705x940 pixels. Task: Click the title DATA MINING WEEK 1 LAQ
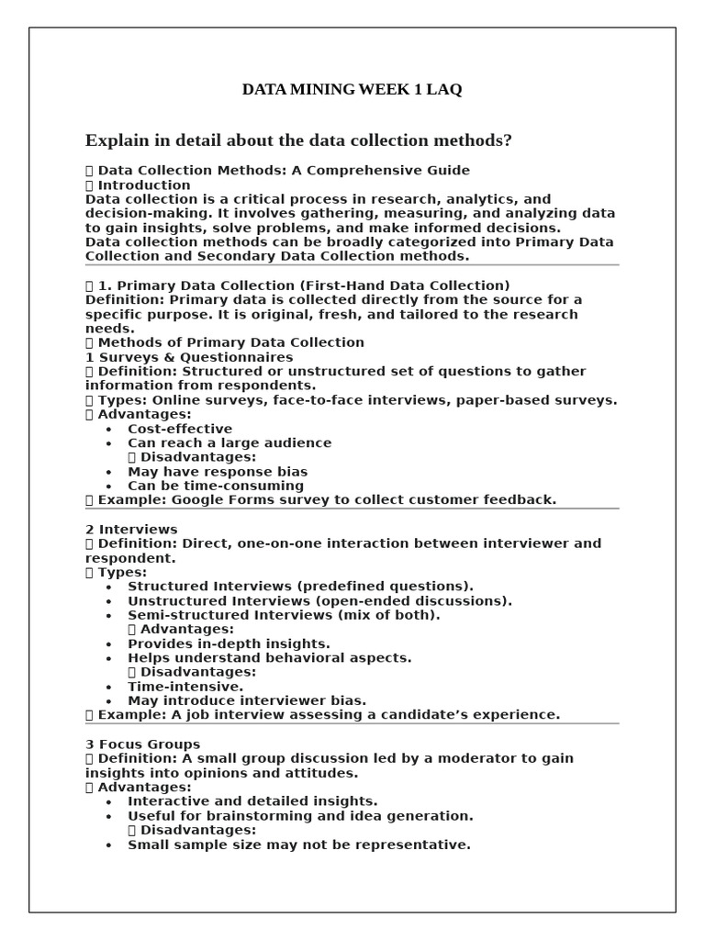click(x=352, y=90)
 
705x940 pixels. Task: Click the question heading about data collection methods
click(x=298, y=140)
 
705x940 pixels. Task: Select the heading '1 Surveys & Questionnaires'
click(x=189, y=357)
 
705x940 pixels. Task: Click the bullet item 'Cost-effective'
click(x=180, y=429)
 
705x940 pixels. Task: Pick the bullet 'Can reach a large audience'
click(x=229, y=443)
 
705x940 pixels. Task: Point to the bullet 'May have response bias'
click(x=218, y=472)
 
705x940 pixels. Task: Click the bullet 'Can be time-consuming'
click(x=216, y=486)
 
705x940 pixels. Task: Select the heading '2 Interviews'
click(x=131, y=530)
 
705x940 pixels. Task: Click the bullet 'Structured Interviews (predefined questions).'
click(x=301, y=587)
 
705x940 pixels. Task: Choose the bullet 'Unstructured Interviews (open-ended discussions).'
click(x=319, y=601)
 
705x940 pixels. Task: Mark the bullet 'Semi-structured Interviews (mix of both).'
click(x=284, y=615)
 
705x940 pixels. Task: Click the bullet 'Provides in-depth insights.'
click(x=229, y=644)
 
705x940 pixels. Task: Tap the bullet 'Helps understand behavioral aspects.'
click(x=269, y=658)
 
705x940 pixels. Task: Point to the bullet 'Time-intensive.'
click(x=185, y=687)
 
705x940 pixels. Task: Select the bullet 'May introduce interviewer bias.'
click(x=247, y=700)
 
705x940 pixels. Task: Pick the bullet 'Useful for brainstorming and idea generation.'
click(x=300, y=816)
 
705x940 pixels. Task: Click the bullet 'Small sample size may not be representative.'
click(x=298, y=845)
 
